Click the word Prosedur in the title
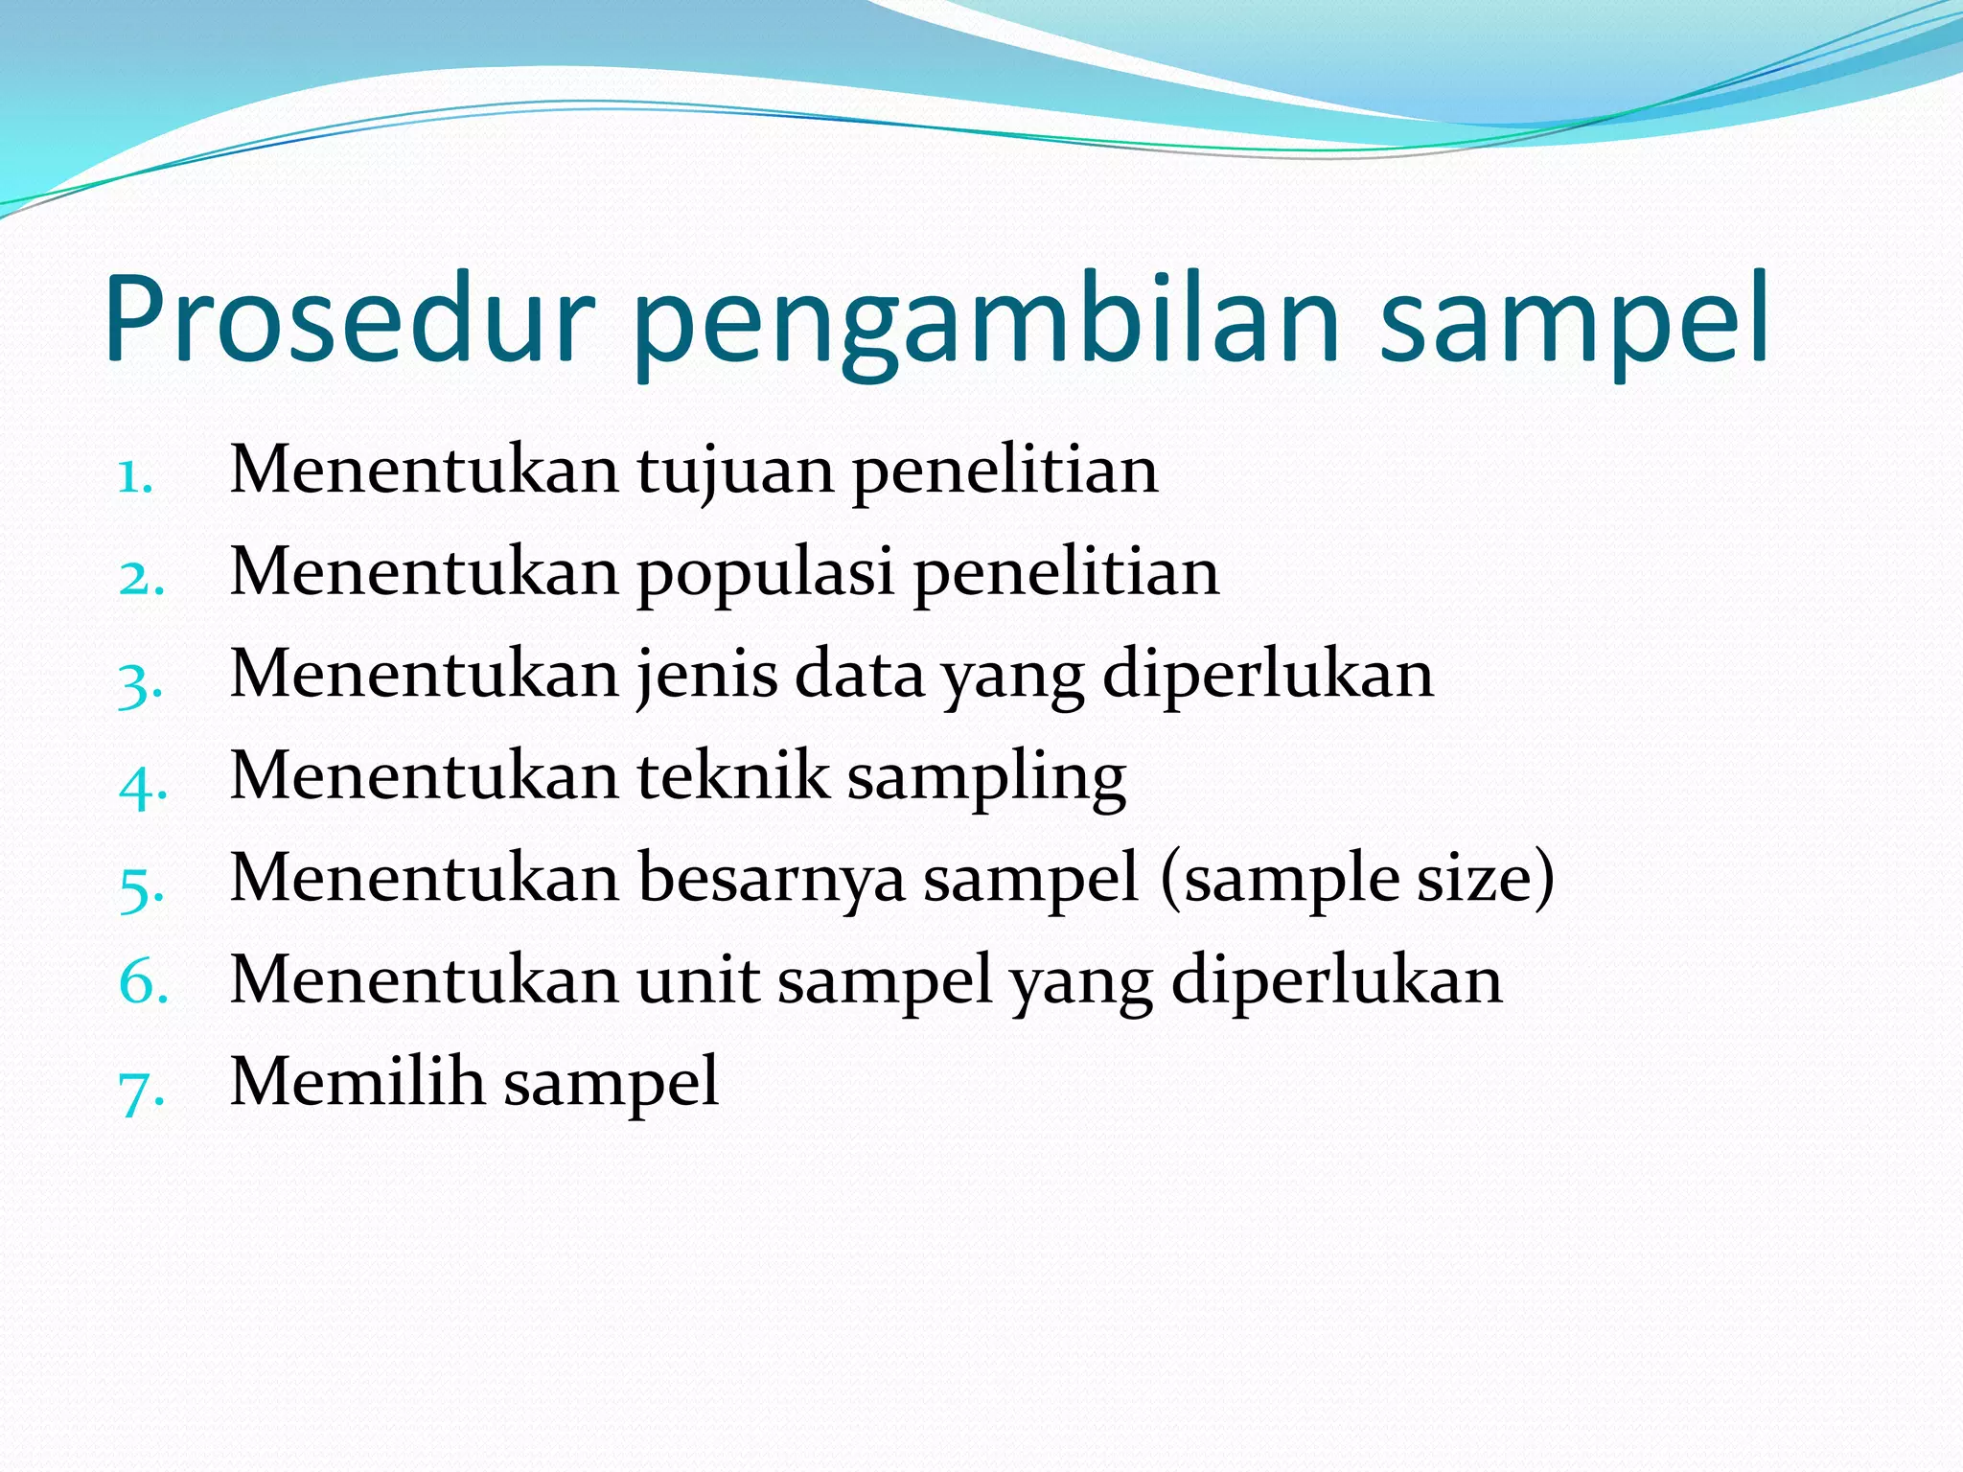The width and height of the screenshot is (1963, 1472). click(350, 319)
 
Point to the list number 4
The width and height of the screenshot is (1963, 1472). click(142, 785)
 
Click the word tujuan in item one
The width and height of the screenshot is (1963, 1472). click(735, 472)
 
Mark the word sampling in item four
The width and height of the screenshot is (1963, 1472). click(986, 779)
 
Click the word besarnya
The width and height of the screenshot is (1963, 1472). click(771, 880)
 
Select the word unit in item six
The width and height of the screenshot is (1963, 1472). click(698, 980)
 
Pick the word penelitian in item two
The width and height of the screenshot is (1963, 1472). click(1066, 573)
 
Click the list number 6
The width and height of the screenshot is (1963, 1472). click(143, 982)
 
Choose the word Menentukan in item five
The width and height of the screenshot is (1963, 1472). click(425, 878)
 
